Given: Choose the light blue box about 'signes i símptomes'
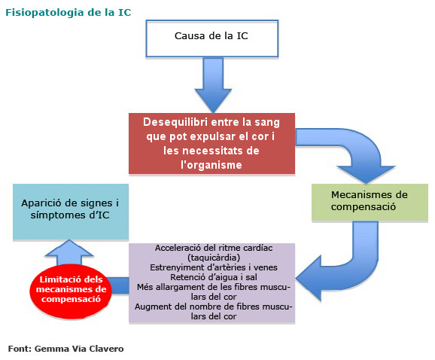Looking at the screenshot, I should [70, 210].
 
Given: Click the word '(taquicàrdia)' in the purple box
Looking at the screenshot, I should [214, 257].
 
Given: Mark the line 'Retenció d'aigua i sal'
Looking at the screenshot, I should [214, 276].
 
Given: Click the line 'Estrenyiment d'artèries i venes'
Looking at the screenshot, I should [214, 267].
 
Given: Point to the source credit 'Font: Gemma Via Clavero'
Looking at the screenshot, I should [65, 349].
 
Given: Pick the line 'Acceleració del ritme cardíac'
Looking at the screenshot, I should [214, 247].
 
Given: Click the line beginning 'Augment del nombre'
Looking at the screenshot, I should [214, 306].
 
